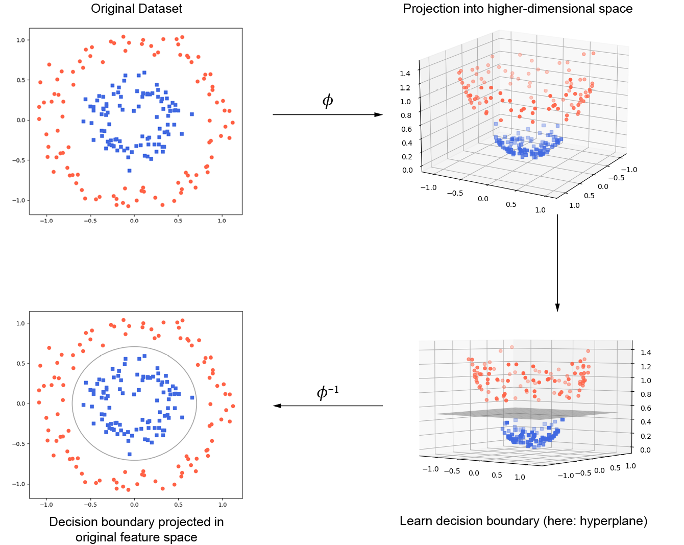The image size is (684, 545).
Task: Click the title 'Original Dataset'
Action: tap(136, 9)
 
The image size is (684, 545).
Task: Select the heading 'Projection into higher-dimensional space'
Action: tap(518, 9)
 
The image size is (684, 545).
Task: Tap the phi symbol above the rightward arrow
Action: tap(328, 100)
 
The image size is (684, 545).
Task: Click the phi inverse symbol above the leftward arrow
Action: tap(327, 392)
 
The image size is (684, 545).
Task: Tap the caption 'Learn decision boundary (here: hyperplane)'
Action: tap(523, 520)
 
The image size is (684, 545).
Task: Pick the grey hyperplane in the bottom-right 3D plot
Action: tap(526, 414)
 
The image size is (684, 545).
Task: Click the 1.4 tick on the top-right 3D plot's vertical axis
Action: tap(405, 74)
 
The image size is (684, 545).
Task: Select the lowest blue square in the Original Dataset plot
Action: tap(129, 171)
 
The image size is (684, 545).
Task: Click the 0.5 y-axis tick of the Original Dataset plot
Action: tap(20, 80)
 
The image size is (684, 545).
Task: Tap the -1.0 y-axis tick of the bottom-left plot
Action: tap(18, 484)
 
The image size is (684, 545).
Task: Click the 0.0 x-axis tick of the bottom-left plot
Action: tap(134, 505)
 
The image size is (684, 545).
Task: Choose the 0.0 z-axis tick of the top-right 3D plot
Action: tap(407, 170)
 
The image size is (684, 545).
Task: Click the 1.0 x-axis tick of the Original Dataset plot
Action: tap(222, 221)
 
